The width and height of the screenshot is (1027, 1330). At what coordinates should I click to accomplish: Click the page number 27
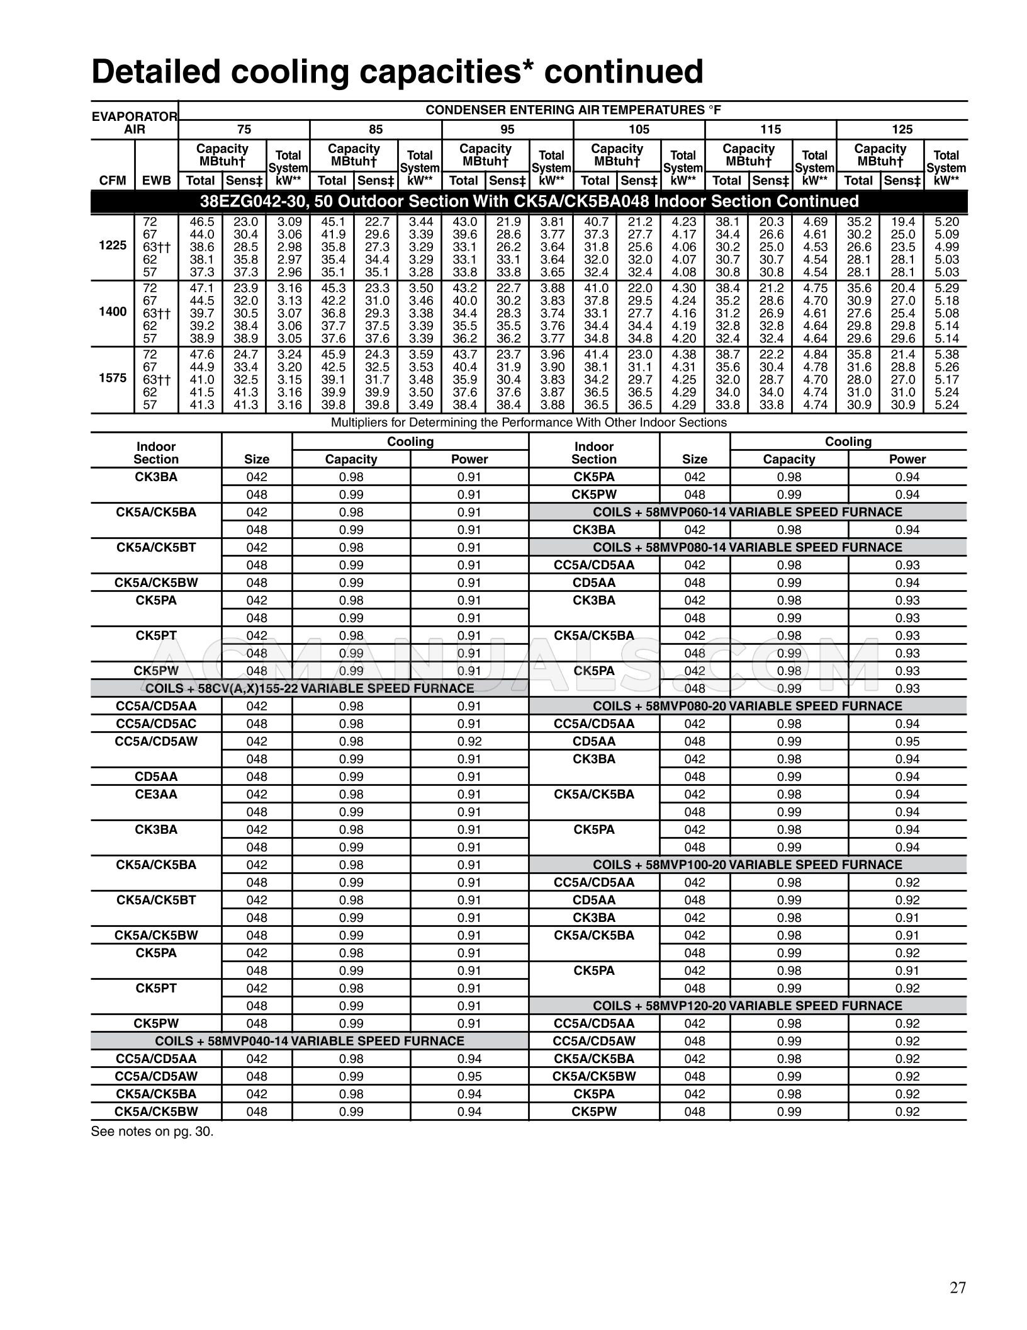coord(957,1287)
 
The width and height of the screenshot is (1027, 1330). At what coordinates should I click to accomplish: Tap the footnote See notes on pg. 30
coord(152,1131)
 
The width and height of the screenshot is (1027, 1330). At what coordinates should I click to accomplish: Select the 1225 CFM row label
coord(113,246)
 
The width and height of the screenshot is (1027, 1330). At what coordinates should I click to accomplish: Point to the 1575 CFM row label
coord(113,378)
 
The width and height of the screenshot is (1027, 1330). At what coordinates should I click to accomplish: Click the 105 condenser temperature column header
coord(639,129)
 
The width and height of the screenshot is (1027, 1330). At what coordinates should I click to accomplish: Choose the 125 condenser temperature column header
coord(902,129)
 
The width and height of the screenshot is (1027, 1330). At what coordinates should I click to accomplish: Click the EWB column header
coord(156,181)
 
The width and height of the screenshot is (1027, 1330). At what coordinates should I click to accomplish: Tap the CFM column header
coord(113,181)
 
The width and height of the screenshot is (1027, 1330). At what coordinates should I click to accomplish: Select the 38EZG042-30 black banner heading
coord(529,202)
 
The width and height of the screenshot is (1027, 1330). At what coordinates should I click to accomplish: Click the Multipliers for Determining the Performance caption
coord(529,423)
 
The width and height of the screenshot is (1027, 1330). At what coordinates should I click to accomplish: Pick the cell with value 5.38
coord(946,355)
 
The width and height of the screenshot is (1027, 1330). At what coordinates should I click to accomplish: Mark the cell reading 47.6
coord(201,355)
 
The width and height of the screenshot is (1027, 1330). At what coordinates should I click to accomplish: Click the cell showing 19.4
coord(902,222)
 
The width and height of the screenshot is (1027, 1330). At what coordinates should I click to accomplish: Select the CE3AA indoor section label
coord(156,794)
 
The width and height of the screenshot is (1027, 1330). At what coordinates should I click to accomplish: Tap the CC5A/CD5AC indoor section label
coord(156,724)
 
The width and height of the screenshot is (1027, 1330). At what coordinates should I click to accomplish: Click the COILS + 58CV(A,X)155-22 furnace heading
coord(310,688)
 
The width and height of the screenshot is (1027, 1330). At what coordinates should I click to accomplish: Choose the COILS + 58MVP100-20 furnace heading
coord(748,865)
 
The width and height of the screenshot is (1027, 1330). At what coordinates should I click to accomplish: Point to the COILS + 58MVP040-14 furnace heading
coord(310,1041)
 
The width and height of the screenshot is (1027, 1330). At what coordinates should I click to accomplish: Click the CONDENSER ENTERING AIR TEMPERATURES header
coord(573,110)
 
